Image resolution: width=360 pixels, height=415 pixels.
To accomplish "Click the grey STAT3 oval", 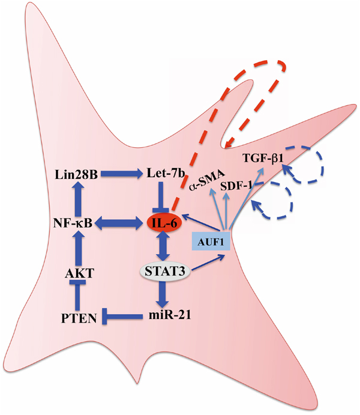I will (163, 271).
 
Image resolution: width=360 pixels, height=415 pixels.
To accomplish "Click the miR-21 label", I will (163, 314).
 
